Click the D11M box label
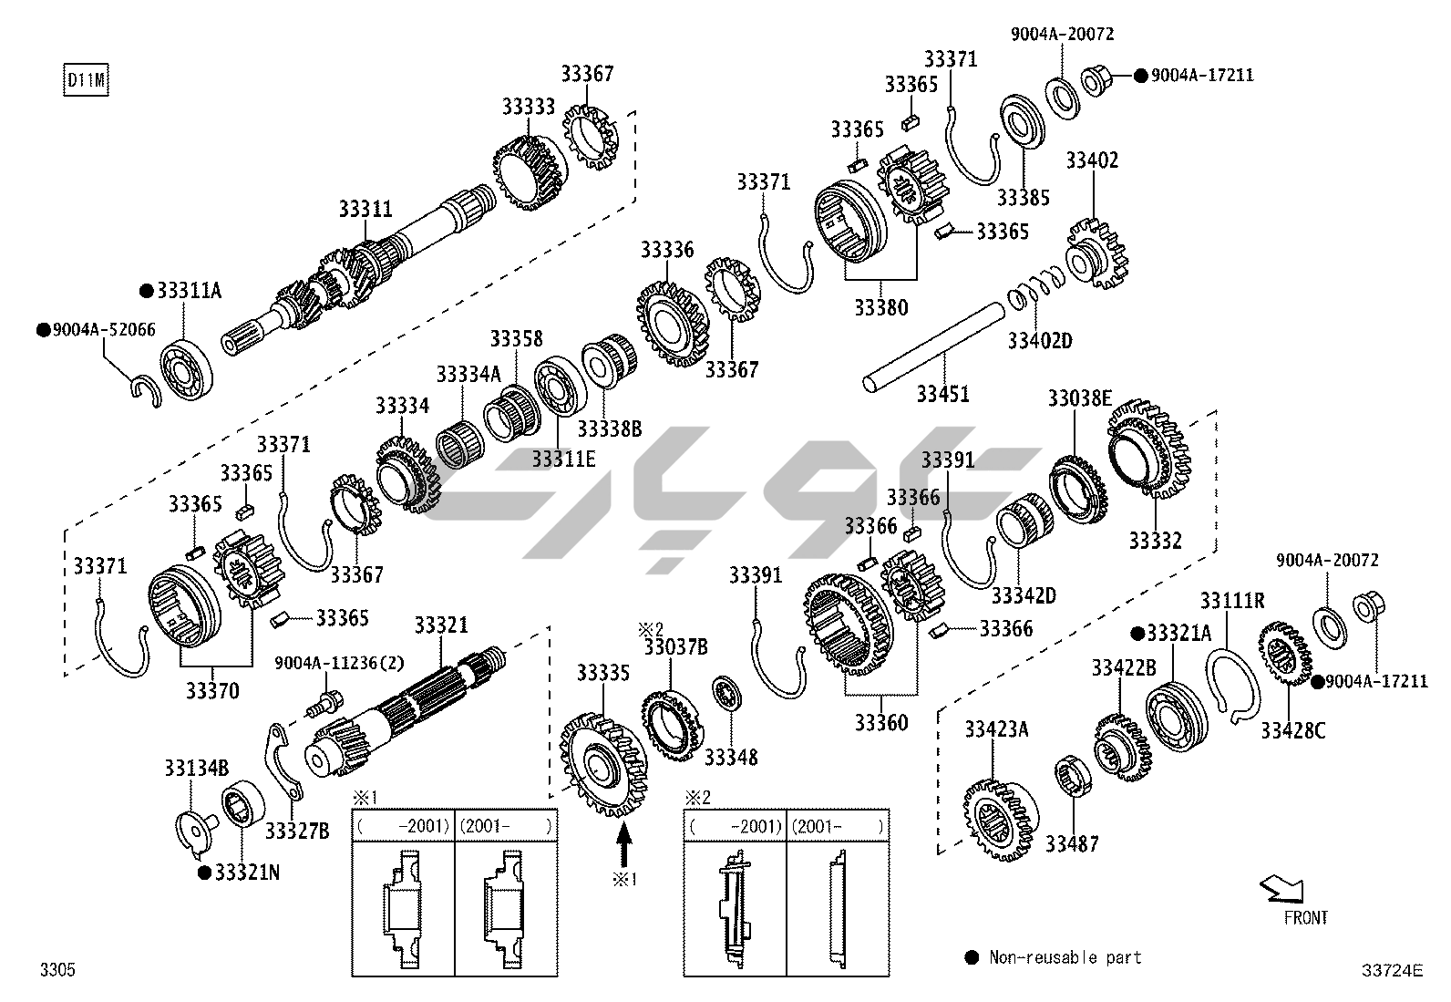point(86,80)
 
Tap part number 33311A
point(189,291)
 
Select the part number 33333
point(528,107)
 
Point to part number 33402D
point(1039,341)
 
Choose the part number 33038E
point(1079,398)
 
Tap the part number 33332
point(1155,541)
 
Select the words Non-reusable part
point(1065,957)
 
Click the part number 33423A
point(996,728)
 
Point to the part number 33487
point(1072,844)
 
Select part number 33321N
point(247,873)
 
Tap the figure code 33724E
point(1392,971)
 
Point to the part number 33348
point(731,757)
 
